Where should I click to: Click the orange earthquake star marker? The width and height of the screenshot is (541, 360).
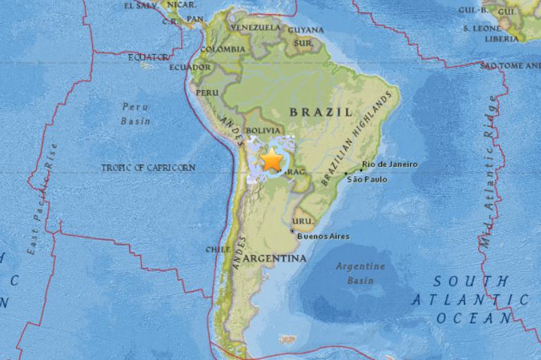coord(271,161)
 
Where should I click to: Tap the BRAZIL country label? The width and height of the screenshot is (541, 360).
coord(321,112)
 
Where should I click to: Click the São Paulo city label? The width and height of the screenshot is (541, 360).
coord(367,179)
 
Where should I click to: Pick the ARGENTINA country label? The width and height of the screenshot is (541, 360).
coord(275,259)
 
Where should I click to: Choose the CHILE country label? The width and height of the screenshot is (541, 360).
coord(218,249)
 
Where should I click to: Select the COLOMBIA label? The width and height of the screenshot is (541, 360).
coord(223,49)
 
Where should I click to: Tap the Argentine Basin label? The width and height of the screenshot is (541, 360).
coord(360,273)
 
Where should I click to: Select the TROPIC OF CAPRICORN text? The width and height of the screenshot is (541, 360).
coord(148,168)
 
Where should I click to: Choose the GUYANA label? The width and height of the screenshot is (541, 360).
coord(306,30)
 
